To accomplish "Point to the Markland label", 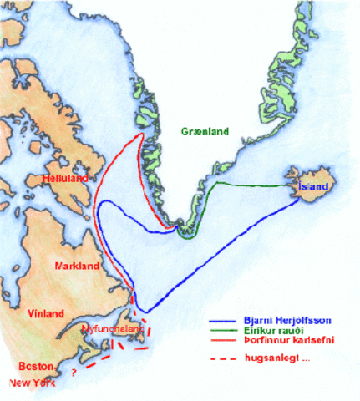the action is (77, 266).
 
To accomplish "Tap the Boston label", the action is (38, 367).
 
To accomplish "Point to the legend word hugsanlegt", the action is (264, 359).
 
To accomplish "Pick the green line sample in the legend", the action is (221, 331).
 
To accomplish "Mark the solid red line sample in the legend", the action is (221, 341).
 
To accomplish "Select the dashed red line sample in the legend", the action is (221, 360).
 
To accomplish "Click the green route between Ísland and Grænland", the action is (251, 183).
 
